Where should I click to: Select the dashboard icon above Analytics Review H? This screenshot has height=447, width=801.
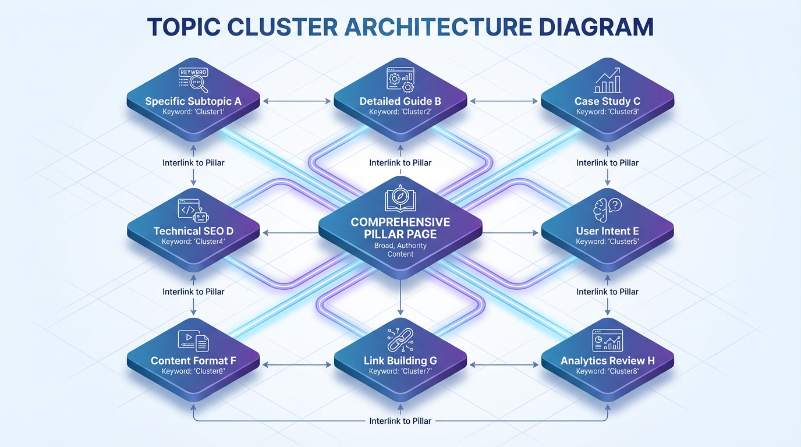(607, 340)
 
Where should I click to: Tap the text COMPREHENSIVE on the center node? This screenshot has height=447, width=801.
(400, 222)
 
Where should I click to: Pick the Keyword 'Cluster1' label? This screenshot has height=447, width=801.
(193, 112)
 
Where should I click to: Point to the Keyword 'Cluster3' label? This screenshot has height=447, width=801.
(607, 112)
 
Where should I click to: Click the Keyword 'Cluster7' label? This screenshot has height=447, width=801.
(400, 371)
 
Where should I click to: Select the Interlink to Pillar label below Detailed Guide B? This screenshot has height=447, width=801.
(400, 163)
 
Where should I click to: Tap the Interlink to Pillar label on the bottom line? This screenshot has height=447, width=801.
(400, 420)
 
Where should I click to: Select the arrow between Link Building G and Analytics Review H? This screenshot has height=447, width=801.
(504, 366)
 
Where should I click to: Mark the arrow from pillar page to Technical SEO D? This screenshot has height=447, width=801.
(291, 233)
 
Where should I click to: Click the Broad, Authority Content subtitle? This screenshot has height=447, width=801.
(400, 250)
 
